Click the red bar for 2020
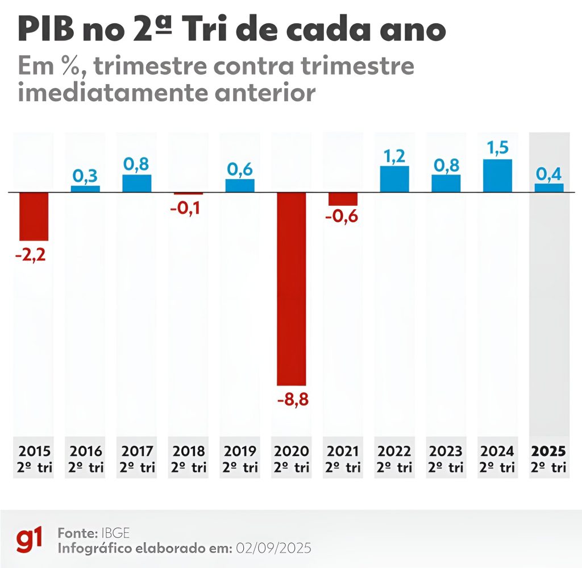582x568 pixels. pyautogui.click(x=292, y=289)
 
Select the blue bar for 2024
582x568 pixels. pyautogui.click(x=497, y=176)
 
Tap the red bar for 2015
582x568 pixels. pyautogui.click(x=34, y=217)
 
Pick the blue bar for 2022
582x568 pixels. pyautogui.click(x=394, y=179)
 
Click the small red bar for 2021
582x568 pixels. pyautogui.click(x=343, y=199)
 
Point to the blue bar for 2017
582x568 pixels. pyautogui.click(x=137, y=184)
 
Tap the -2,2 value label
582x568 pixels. pyautogui.click(x=31, y=254)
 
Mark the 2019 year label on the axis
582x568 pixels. pyautogui.click(x=240, y=451)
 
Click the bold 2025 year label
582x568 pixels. pyautogui.click(x=548, y=451)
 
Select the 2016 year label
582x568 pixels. pyautogui.click(x=86, y=451)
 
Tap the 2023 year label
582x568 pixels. pyautogui.click(x=446, y=451)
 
